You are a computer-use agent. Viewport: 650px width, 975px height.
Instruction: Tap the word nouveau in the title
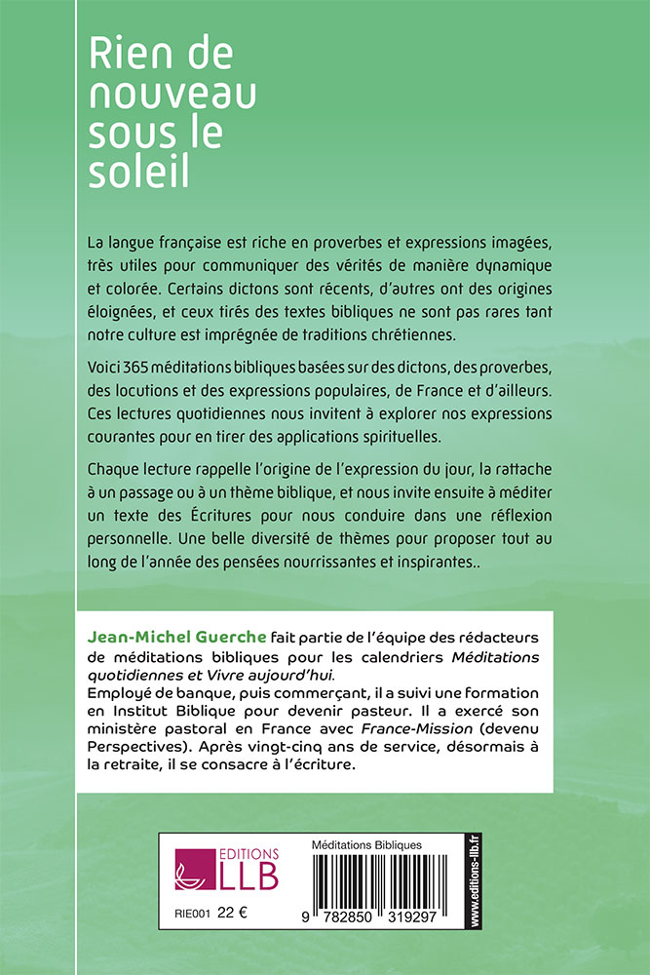(x=172, y=96)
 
